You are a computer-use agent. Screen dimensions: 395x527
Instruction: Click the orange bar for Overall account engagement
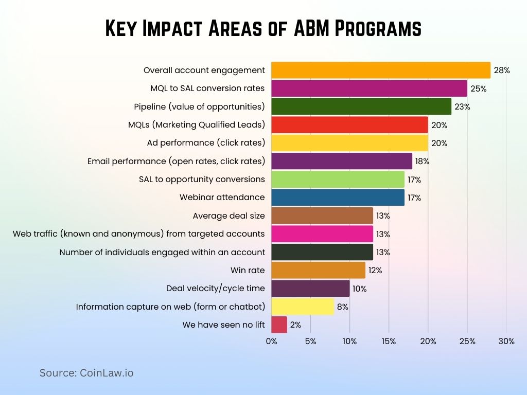pyautogui.click(x=381, y=70)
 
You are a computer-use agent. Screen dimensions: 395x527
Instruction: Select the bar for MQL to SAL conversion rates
pyautogui.click(x=369, y=88)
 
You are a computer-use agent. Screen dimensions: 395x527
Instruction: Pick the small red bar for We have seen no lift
pyautogui.click(x=279, y=325)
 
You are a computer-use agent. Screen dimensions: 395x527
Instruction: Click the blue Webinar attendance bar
pyautogui.click(x=338, y=197)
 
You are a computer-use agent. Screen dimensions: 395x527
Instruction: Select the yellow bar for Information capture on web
pyautogui.click(x=303, y=307)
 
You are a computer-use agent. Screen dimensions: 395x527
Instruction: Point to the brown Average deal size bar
pyautogui.click(x=322, y=216)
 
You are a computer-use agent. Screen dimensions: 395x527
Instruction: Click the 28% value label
pyautogui.click(x=502, y=70)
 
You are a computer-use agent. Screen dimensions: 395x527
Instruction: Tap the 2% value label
pyautogui.click(x=295, y=325)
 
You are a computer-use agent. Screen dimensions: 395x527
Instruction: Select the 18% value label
pyautogui.click(x=421, y=161)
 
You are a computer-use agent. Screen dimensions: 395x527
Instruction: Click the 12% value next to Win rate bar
pyautogui.click(x=375, y=271)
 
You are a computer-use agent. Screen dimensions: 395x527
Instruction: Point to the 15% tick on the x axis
pyautogui.click(x=389, y=342)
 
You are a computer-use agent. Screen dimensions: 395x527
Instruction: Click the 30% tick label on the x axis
pyautogui.click(x=506, y=342)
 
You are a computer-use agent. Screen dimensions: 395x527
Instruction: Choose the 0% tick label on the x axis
pyautogui.click(x=271, y=342)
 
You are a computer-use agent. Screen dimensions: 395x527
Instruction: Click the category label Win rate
pyautogui.click(x=248, y=270)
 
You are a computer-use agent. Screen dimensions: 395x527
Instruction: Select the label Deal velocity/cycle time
pyautogui.click(x=215, y=289)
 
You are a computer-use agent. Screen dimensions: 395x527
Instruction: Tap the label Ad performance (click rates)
pyautogui.click(x=206, y=143)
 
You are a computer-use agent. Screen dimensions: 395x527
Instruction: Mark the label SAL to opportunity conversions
pyautogui.click(x=202, y=179)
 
